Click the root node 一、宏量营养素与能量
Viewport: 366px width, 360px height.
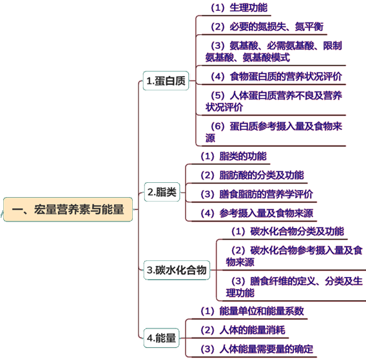68,209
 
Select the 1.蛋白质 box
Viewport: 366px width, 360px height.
166,81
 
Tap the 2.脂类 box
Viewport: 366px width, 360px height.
162,192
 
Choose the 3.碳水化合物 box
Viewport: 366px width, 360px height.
177,270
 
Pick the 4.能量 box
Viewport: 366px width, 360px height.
161,338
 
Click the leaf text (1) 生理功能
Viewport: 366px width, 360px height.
239,8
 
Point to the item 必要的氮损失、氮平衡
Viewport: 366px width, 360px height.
276,26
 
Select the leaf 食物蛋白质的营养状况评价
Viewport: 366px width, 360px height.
286,76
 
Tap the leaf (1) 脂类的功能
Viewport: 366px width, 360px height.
233,156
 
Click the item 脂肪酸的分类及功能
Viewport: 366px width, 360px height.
262,175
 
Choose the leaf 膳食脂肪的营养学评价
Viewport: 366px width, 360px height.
266,194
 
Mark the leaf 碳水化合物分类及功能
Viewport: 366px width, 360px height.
297,231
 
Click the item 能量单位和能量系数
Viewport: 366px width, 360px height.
262,311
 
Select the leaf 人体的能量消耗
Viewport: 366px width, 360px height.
253,330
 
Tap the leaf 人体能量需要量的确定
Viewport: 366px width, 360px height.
266,349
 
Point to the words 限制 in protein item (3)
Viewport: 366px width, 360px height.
332,46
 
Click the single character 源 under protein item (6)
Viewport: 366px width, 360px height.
210,138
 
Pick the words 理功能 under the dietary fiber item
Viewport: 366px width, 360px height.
240,293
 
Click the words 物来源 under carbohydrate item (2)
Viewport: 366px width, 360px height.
240,262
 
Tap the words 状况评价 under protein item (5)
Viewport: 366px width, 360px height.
224,107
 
